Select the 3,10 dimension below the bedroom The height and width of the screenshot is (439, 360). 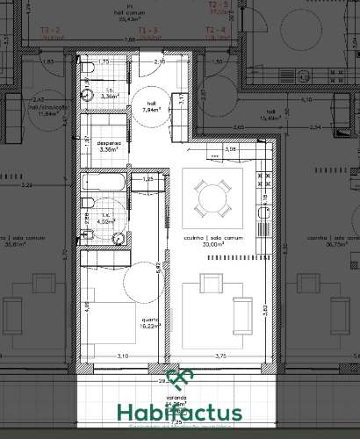[122, 356]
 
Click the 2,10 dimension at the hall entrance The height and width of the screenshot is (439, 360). [160, 62]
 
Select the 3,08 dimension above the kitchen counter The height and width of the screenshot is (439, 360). [232, 149]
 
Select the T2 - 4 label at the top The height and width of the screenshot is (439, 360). [216, 31]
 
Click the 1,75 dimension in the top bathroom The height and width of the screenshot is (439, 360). [103, 62]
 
